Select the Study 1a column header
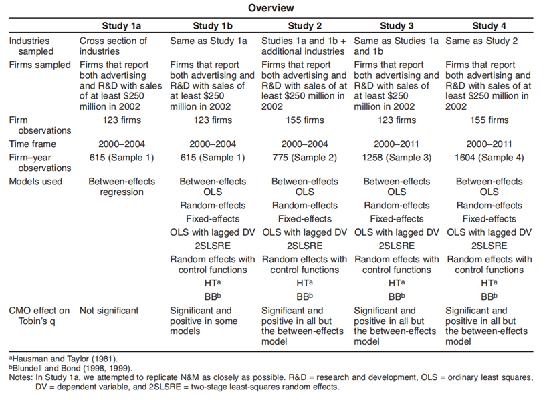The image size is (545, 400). tap(120, 26)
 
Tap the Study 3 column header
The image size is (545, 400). tap(397, 26)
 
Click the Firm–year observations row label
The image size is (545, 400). tap(31, 162)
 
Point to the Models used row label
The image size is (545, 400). tap(35, 182)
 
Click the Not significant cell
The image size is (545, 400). tap(109, 311)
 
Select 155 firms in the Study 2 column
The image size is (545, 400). tap(304, 120)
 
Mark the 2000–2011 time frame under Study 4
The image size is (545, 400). tap(489, 144)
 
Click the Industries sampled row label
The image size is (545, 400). tap(30, 45)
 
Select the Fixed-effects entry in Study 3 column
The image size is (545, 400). tap(397, 219)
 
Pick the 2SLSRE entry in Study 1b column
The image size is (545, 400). tap(212, 246)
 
